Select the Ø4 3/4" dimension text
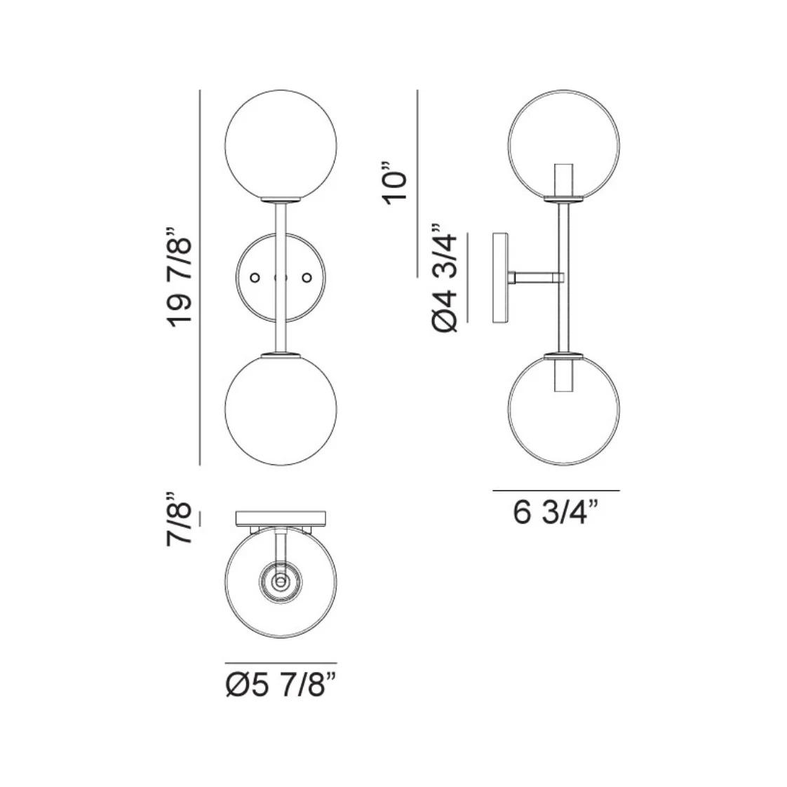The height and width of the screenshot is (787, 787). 447,279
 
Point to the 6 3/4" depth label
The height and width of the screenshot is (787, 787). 556,512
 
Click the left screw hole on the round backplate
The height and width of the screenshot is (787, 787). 255,278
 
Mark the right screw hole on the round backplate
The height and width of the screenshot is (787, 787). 306,278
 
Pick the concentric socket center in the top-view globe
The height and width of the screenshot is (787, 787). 281,581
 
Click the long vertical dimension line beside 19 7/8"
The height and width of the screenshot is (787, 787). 201,277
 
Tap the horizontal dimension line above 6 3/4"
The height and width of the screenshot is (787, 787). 556,490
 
